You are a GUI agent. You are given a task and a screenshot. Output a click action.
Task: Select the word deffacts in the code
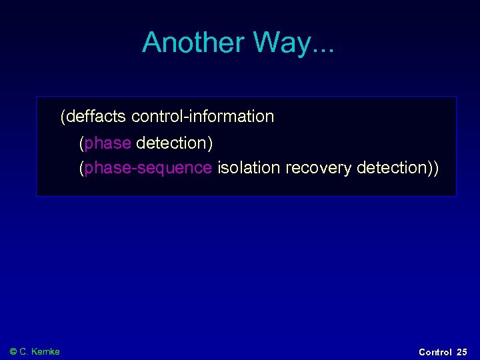(95, 117)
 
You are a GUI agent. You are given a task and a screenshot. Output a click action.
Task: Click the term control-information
(203, 117)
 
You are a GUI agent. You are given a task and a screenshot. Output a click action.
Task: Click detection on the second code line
(171, 143)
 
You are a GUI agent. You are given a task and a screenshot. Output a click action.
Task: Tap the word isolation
(249, 168)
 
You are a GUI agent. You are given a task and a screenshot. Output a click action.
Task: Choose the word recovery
(319, 168)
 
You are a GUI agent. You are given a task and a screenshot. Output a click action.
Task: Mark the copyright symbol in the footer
(13, 351)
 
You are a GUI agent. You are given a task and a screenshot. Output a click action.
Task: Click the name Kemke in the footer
(46, 351)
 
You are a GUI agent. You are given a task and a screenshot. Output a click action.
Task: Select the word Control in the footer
(435, 352)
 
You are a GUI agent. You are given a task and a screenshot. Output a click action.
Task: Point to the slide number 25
(462, 352)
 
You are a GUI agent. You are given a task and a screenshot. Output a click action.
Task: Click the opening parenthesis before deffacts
(63, 117)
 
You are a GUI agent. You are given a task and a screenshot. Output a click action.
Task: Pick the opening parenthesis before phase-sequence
(81, 168)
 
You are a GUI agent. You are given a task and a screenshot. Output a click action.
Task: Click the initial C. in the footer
(25, 351)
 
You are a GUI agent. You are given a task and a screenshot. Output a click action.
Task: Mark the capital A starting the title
(152, 43)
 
